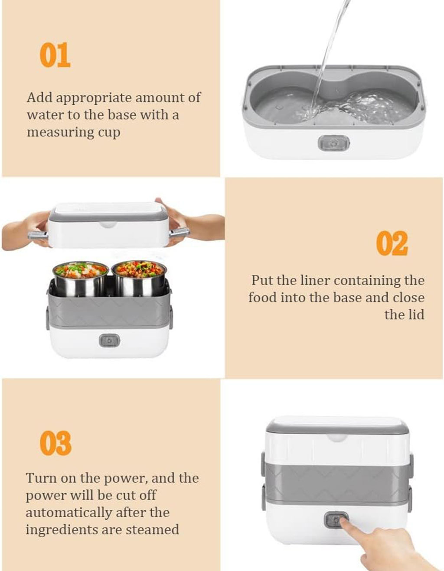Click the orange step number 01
[55, 55]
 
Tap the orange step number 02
[392, 243]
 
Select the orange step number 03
[55, 443]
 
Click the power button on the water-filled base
[334, 143]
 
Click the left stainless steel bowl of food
[81, 278]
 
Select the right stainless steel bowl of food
[139, 278]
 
